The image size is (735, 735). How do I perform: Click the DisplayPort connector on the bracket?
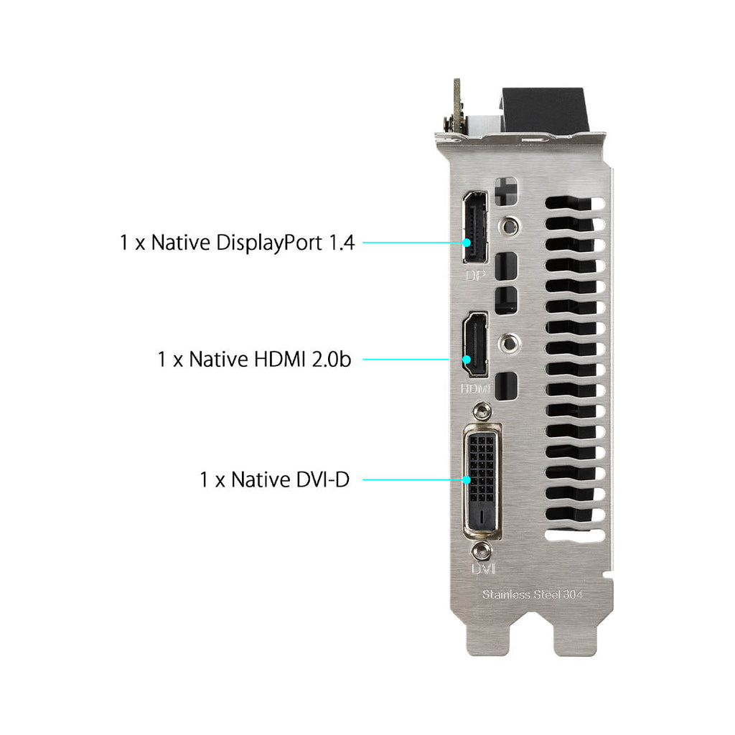click(475, 227)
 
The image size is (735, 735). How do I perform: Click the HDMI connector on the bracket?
click(475, 344)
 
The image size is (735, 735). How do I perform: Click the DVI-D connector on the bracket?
click(482, 482)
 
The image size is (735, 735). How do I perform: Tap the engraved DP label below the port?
click(475, 276)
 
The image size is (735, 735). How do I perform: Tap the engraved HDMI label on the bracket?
click(475, 388)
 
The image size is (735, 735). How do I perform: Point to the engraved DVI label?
click(482, 568)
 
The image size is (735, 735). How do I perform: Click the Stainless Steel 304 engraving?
click(532, 594)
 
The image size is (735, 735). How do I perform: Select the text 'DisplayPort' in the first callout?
click(270, 243)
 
